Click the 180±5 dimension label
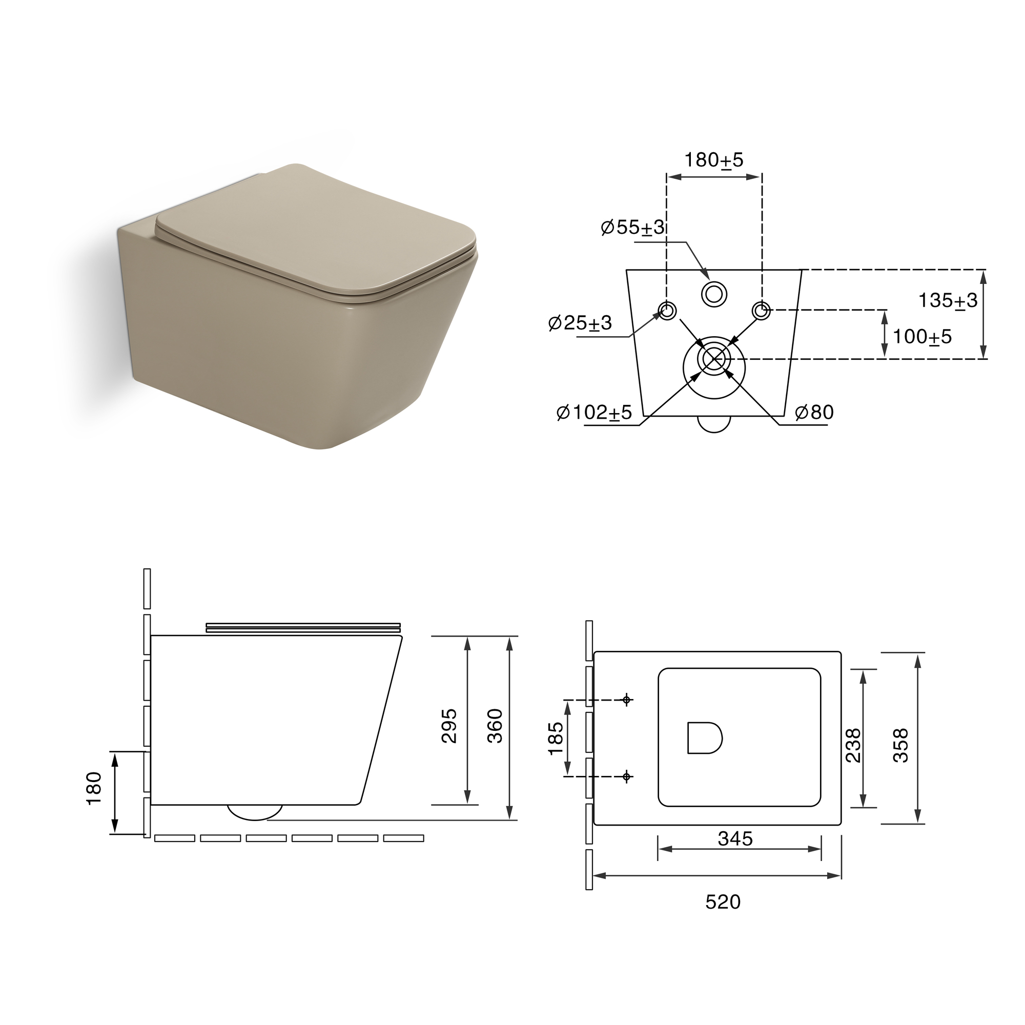(x=714, y=160)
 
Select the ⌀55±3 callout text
(x=633, y=227)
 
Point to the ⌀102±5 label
(x=594, y=412)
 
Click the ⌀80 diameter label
(x=814, y=412)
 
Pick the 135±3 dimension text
(x=948, y=300)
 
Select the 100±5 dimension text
(x=922, y=336)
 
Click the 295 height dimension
(x=449, y=726)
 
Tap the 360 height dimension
(x=495, y=726)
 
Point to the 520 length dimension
(x=723, y=901)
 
